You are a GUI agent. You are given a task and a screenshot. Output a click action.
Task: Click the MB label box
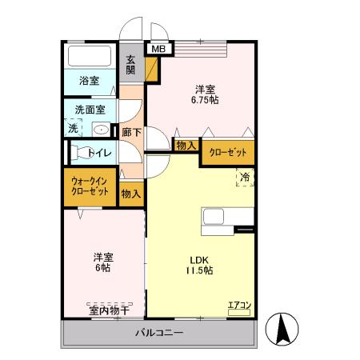click(x=158, y=49)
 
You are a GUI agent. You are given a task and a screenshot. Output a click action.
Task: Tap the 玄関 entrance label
click(x=130, y=65)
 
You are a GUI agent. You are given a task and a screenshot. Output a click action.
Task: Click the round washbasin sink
click(x=102, y=128)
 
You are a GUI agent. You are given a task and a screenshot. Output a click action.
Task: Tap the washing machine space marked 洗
click(x=73, y=128)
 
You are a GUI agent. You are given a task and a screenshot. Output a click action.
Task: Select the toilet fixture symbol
click(x=81, y=151)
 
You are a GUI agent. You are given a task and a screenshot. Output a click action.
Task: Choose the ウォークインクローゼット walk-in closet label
click(x=90, y=186)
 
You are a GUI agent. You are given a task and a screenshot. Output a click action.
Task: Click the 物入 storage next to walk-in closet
click(x=131, y=193)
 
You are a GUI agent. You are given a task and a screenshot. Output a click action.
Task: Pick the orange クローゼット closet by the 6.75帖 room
click(x=227, y=151)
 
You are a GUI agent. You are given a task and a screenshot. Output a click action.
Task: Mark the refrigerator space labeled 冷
click(x=245, y=177)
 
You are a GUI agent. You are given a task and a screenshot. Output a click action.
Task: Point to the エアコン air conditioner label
click(x=239, y=305)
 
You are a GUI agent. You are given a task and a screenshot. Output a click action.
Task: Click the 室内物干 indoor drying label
click(x=108, y=309)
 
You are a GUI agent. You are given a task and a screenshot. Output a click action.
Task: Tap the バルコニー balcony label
click(x=159, y=332)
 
